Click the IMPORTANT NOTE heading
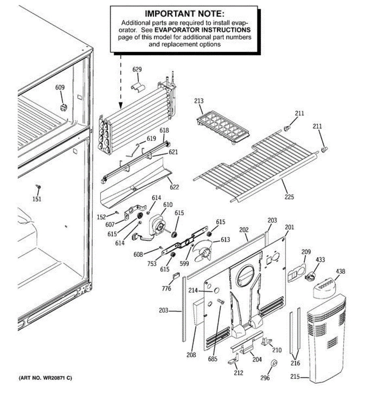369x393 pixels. [184, 14]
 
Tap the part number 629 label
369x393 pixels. [137, 69]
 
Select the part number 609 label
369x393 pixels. [60, 87]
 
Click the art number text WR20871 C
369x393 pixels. [45, 378]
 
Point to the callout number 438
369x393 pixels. [340, 271]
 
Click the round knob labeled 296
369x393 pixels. [274, 363]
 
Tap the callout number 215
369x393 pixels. [295, 377]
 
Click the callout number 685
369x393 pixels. [212, 359]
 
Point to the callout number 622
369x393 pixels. [174, 187]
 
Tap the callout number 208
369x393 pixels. [191, 355]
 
